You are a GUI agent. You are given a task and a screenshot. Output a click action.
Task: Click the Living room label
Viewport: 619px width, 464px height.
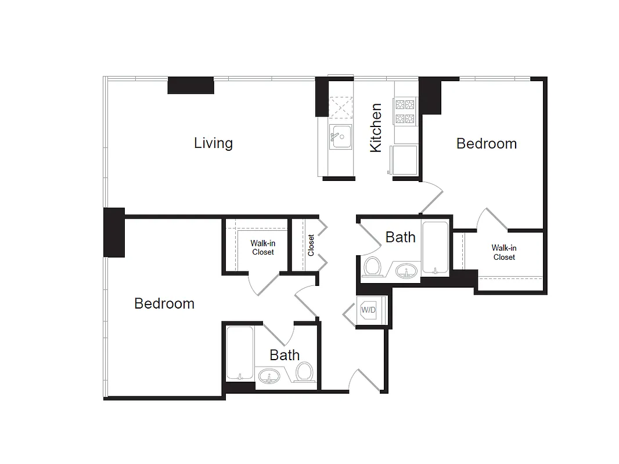click(x=213, y=143)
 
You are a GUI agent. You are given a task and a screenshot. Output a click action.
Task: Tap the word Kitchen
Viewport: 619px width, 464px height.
click(x=376, y=128)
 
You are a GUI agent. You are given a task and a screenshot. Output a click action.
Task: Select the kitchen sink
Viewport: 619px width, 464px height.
click(x=341, y=137)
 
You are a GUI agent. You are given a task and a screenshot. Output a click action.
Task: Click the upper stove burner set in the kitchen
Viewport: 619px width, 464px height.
click(x=405, y=105)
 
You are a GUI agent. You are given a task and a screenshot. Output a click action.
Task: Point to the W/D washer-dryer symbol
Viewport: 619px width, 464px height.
click(x=369, y=310)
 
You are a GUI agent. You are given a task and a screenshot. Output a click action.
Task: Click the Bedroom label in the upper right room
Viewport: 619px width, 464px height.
click(x=486, y=143)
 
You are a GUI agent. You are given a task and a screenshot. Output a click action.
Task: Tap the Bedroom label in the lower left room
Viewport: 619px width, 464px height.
click(x=164, y=303)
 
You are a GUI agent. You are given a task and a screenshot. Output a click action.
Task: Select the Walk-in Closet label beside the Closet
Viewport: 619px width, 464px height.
click(x=262, y=248)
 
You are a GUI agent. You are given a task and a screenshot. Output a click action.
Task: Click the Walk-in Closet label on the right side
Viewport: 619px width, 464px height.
click(x=503, y=252)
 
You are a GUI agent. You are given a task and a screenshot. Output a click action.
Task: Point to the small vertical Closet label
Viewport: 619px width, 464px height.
click(x=311, y=245)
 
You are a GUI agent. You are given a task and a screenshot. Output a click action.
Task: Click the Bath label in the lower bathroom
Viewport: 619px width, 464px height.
click(x=285, y=355)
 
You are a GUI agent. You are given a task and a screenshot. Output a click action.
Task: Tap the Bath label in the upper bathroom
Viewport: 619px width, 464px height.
click(x=401, y=237)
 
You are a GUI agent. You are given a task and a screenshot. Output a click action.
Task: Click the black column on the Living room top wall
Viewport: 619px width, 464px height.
click(x=190, y=85)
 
